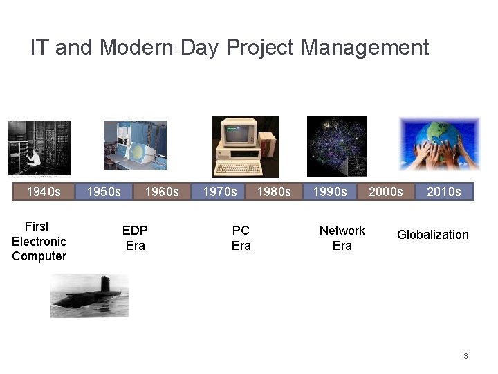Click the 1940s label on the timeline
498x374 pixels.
[44, 191]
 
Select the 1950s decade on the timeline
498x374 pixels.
[104, 191]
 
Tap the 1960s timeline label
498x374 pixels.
[162, 191]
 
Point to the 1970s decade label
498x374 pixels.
[219, 191]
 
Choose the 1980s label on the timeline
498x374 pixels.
[274, 191]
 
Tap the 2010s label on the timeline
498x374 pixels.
[443, 191]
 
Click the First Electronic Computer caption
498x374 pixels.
[39, 241]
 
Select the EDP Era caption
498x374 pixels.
[135, 238]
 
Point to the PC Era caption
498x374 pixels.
[241, 238]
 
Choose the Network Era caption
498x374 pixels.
[342, 238]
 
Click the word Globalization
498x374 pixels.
[432, 235]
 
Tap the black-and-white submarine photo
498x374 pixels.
[89, 296]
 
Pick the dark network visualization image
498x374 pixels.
[338, 146]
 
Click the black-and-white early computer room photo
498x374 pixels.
[39, 148]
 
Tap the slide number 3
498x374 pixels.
[465, 356]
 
